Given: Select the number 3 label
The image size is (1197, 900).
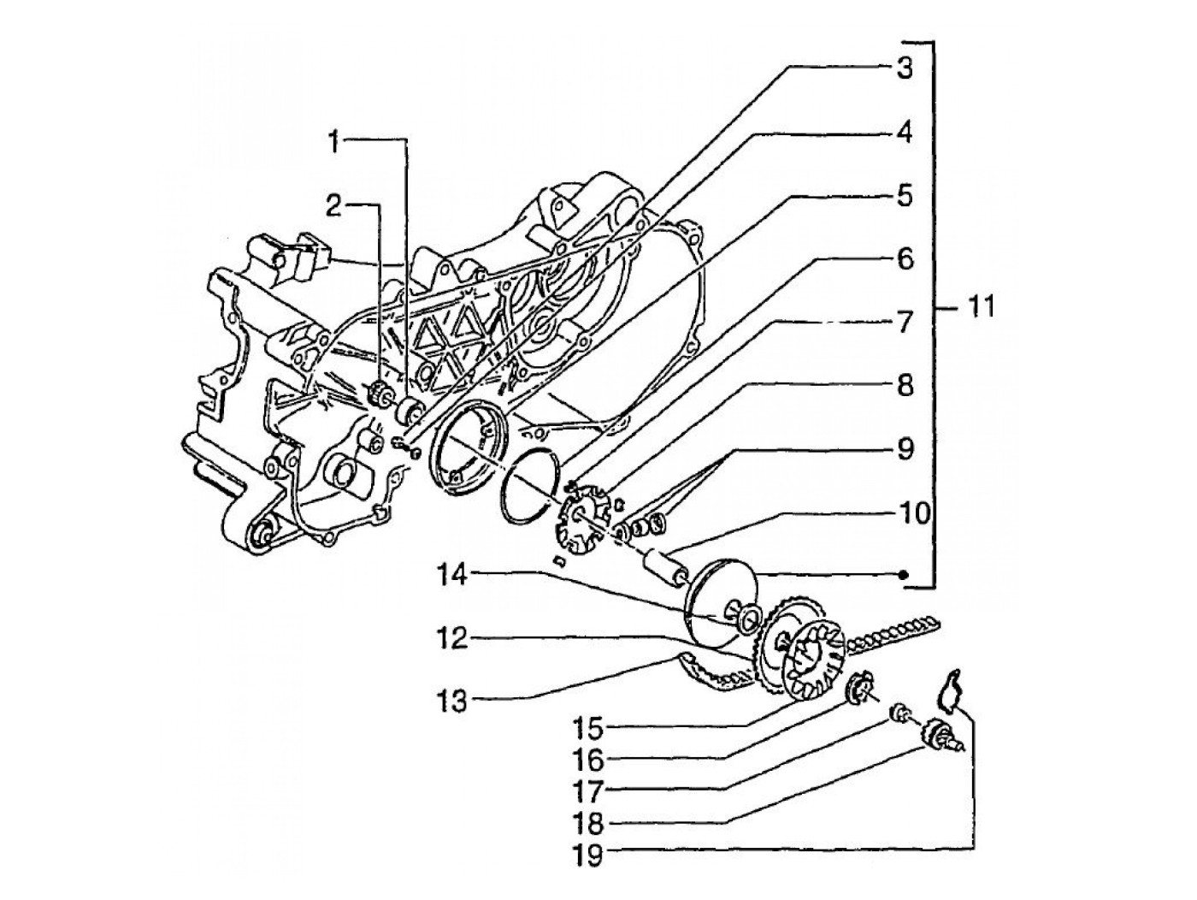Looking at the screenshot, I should (904, 68).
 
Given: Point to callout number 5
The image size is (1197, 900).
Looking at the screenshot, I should (904, 196).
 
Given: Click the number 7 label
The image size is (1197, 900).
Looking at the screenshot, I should (904, 323).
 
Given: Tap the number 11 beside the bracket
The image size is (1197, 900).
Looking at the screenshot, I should (982, 306).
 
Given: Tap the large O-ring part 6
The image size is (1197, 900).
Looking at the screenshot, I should (528, 483).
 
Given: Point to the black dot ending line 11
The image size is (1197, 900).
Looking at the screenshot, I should (904, 575).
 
